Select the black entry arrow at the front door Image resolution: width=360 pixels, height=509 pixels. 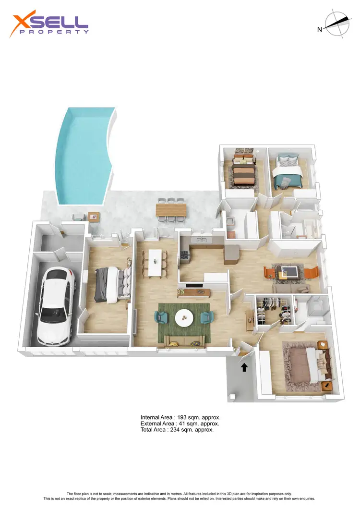(244, 367)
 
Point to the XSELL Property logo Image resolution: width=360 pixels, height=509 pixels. (50, 25)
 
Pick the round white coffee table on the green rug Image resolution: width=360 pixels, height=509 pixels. (184, 318)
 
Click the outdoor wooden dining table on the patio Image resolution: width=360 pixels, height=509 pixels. (171, 210)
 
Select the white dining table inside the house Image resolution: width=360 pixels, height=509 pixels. (155, 262)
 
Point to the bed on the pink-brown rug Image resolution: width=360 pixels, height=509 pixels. (308, 362)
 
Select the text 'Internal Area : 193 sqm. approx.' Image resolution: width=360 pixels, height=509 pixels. (180, 417)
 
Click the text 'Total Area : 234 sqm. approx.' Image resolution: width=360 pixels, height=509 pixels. (177, 430)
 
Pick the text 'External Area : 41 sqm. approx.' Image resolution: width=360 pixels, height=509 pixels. (180, 424)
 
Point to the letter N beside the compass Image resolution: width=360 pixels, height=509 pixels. (319, 30)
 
